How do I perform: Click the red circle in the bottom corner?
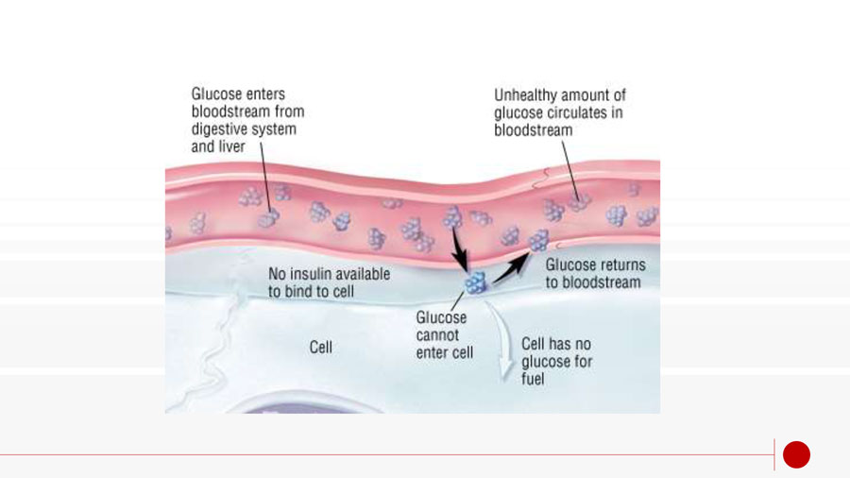pyautogui.click(x=796, y=454)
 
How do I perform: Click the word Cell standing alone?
pyautogui.click(x=321, y=348)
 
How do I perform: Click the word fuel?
pyautogui.click(x=533, y=379)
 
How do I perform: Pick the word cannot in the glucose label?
pyautogui.click(x=438, y=335)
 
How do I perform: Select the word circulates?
pyautogui.click(x=578, y=112)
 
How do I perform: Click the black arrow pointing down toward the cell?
pyautogui.click(x=459, y=250)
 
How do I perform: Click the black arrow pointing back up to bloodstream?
pyautogui.click(x=511, y=268)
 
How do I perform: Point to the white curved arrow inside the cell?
pyautogui.click(x=501, y=339)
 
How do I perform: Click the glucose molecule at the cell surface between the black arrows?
pyautogui.click(x=476, y=282)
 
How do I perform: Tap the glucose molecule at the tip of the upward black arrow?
pyautogui.click(x=539, y=241)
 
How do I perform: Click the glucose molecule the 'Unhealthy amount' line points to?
pyautogui.click(x=578, y=203)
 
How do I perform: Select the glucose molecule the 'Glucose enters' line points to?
pyautogui.click(x=268, y=218)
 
